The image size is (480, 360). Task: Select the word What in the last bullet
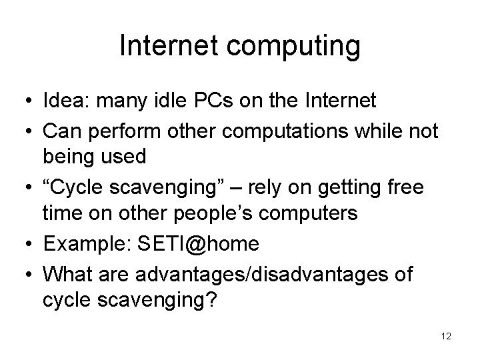pyautogui.click(x=65, y=273)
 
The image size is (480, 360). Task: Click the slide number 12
pyautogui.click(x=446, y=337)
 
